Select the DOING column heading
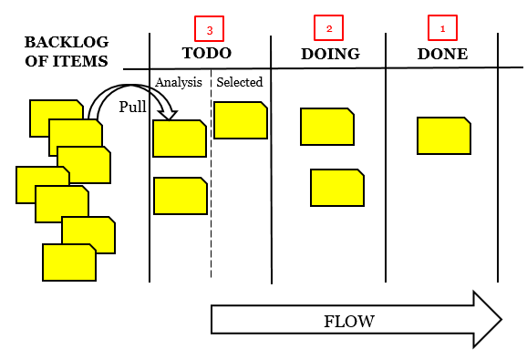(330, 54)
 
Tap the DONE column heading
(442, 54)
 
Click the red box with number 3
(210, 29)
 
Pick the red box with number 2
(329, 29)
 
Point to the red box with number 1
(443, 29)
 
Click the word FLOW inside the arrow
(349, 321)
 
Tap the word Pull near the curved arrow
(132, 107)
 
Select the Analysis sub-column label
(178, 82)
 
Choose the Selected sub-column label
(240, 82)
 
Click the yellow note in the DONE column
(444, 136)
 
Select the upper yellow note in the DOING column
(327, 127)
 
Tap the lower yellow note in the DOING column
(337, 188)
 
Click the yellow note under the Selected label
(241, 120)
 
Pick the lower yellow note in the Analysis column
(180, 196)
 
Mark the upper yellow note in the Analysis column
(180, 139)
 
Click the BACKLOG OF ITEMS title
(66, 53)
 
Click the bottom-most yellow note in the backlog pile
(69, 263)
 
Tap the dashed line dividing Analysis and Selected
(212, 228)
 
